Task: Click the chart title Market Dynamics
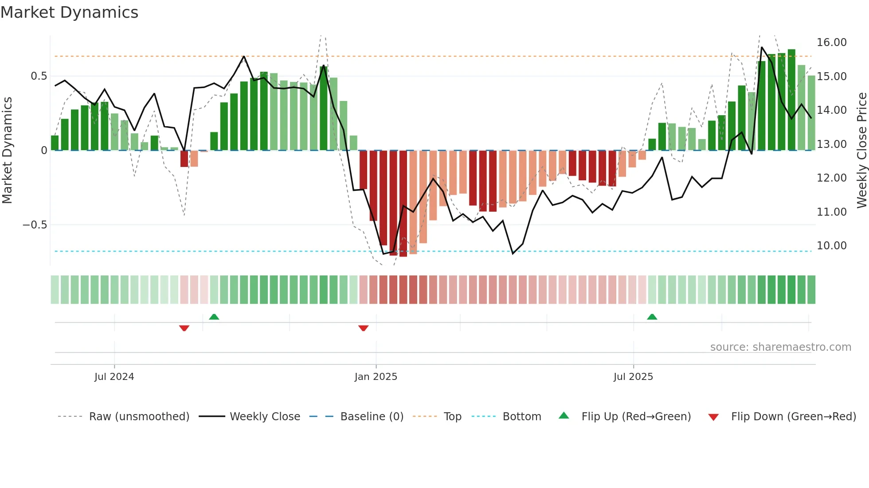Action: click(69, 12)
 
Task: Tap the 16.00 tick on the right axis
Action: click(831, 43)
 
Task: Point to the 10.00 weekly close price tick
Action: click(831, 246)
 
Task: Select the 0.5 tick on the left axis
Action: click(39, 76)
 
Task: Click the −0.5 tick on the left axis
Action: click(35, 225)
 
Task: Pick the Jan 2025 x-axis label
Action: click(376, 377)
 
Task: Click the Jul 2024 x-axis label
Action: click(114, 377)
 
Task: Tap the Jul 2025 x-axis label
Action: click(633, 377)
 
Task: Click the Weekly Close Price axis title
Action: click(861, 150)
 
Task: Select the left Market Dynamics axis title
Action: click(7, 150)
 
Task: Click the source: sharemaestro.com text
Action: click(780, 347)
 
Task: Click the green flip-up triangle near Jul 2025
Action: click(652, 317)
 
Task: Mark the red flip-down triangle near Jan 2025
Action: click(363, 328)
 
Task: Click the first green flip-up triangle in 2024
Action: click(214, 317)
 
